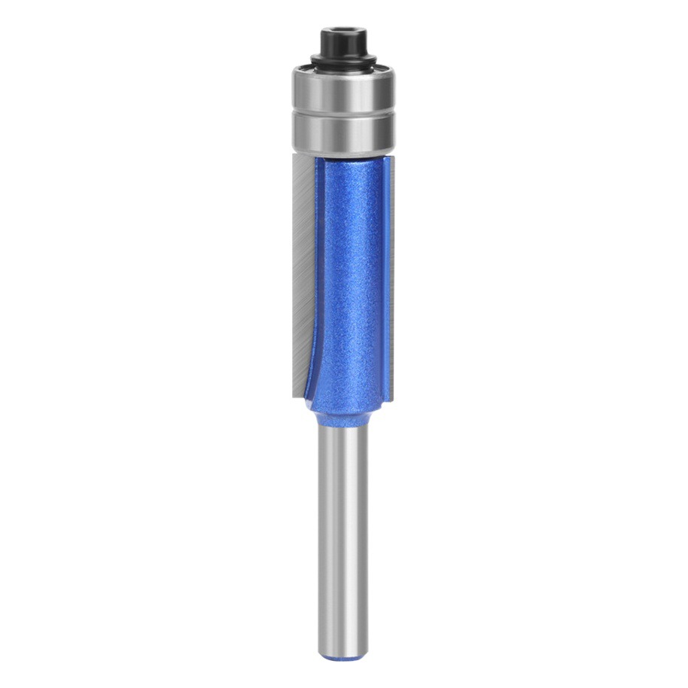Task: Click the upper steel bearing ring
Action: pyautogui.click(x=343, y=89)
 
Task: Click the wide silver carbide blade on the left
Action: pyautogui.click(x=301, y=271)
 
